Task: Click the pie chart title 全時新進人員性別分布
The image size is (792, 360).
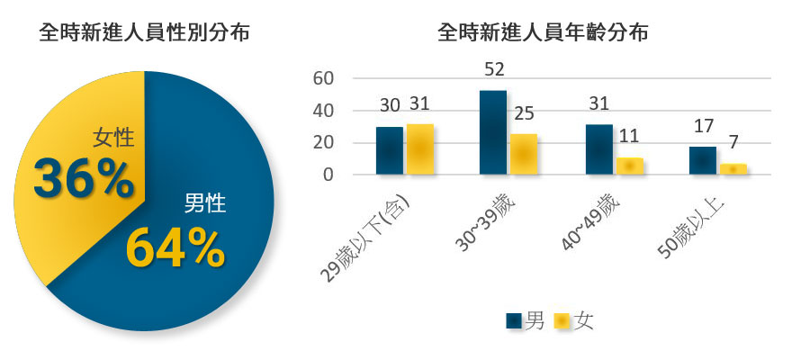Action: (144, 34)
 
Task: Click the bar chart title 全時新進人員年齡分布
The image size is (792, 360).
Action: (543, 34)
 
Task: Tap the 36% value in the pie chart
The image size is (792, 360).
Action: (83, 178)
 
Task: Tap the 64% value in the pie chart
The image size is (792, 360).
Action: (175, 247)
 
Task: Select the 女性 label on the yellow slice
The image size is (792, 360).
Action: (113, 139)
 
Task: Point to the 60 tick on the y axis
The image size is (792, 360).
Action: (323, 79)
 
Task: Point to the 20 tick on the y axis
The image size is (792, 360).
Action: (323, 143)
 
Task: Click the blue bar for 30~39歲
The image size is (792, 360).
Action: (492, 132)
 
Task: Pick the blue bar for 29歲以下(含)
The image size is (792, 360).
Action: (389, 150)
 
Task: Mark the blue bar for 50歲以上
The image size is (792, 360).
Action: (702, 160)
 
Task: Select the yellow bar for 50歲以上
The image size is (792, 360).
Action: (733, 169)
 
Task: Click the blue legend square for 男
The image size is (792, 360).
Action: (514, 320)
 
